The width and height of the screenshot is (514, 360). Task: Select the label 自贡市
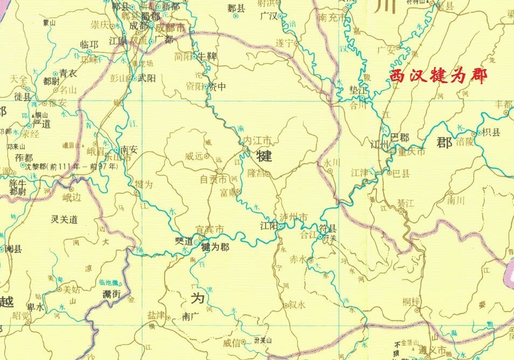[213, 179]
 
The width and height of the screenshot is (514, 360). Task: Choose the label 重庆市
[412, 152]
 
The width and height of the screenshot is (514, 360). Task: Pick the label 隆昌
[257, 173]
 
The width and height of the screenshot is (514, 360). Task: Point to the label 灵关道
[64, 219]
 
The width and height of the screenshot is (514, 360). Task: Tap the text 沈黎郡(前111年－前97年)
[71, 167]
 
